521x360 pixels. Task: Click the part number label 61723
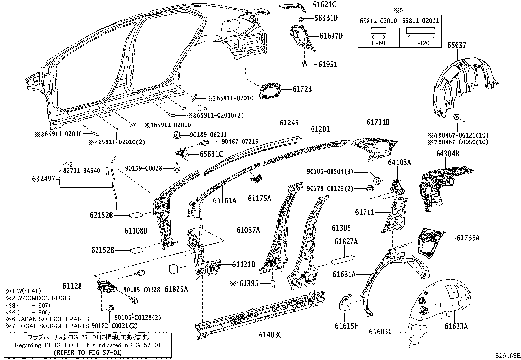[x=302, y=89]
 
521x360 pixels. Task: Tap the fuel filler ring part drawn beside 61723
[x=270, y=91]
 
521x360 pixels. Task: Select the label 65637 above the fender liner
[x=457, y=45]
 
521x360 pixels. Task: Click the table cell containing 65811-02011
[x=420, y=21]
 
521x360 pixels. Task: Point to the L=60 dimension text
[x=378, y=43]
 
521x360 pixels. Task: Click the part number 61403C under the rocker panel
[x=270, y=335]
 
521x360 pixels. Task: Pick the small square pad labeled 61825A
[x=173, y=269]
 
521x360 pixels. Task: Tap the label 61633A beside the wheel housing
[x=456, y=326]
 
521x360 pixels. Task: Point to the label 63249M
[x=44, y=179]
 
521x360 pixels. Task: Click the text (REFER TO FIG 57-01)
[x=87, y=352]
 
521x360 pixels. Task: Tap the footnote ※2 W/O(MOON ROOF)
[x=38, y=298]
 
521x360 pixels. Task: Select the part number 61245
[x=289, y=123]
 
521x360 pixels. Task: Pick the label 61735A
[x=468, y=238]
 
